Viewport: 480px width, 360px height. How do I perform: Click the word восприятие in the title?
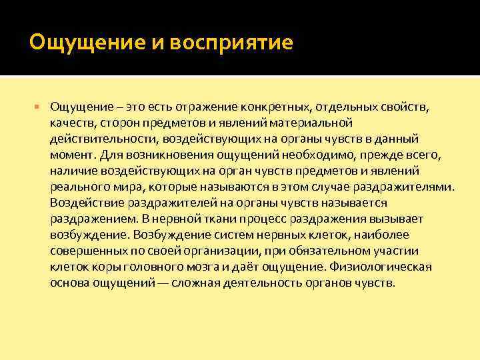point(231,43)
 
